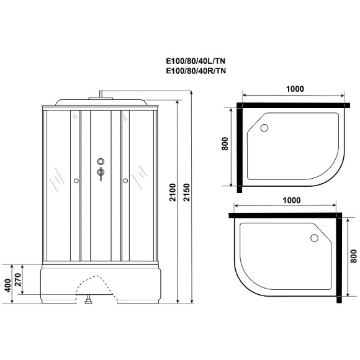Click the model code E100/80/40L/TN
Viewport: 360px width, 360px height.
pyautogui.click(x=194, y=61)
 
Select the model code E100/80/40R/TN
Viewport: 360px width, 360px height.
pyautogui.click(x=194, y=71)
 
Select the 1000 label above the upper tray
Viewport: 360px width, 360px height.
pyautogui.click(x=291, y=88)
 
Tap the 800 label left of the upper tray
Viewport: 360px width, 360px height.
pyautogui.click(x=225, y=146)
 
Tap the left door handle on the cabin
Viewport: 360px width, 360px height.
pyautogui.click(x=76, y=181)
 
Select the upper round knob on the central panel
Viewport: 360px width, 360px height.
pyautogui.click(x=100, y=162)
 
